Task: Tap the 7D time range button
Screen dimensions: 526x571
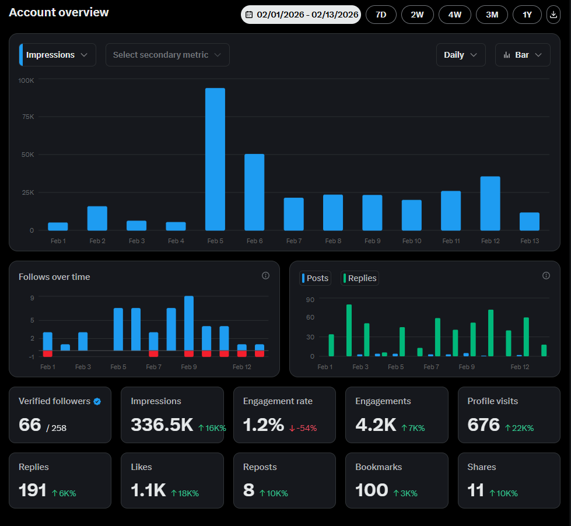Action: tap(381, 15)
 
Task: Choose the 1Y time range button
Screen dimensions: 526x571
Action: tap(527, 15)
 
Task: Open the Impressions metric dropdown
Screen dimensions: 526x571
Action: tap(58, 55)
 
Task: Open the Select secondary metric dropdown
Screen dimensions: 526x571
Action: tap(167, 55)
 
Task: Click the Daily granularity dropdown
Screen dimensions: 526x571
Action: tap(460, 55)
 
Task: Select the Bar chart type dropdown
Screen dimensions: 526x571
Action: tap(522, 55)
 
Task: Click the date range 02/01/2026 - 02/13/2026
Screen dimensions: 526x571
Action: tap(301, 15)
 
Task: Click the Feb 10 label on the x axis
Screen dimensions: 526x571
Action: tap(411, 241)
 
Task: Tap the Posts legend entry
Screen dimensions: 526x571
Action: tap(316, 278)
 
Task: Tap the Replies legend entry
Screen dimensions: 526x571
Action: tap(360, 278)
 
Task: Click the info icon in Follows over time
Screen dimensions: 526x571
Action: tap(265, 276)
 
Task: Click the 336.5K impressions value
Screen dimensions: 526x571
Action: tap(162, 425)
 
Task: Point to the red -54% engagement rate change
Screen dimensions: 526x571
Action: tap(303, 428)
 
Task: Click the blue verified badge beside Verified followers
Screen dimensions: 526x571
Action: tap(97, 401)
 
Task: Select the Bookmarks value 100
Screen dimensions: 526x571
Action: tap(372, 490)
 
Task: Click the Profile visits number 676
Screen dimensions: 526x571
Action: tap(484, 425)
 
